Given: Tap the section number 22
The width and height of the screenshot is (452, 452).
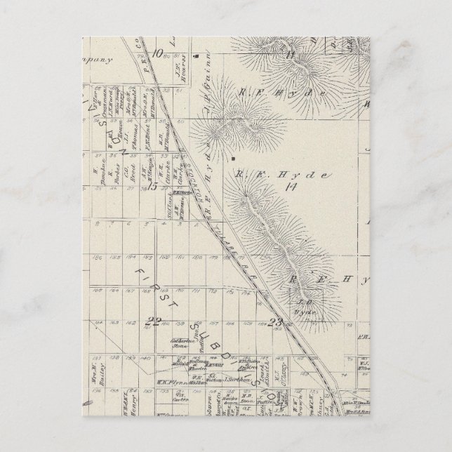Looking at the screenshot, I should coord(151,322).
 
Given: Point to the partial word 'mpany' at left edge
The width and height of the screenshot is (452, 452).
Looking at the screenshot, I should coord(98,60).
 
